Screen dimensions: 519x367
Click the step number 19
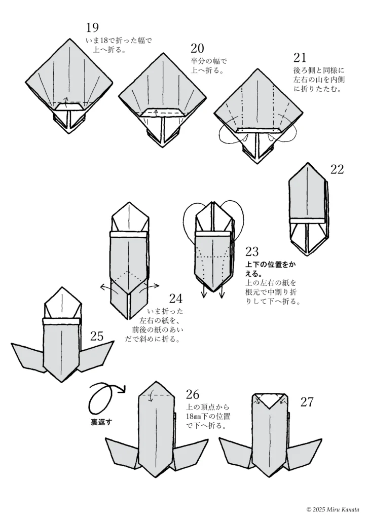(x=92, y=28)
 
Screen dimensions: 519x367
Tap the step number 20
(x=197, y=49)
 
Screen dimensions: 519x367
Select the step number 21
(x=300, y=58)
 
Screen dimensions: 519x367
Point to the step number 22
(x=337, y=169)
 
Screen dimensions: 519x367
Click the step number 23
(x=252, y=252)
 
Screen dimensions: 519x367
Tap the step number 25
(x=97, y=336)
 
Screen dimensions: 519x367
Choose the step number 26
(x=193, y=395)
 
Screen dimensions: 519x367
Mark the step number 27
(x=307, y=402)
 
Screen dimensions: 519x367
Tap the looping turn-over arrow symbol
(x=103, y=398)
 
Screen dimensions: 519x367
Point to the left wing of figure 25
(x=28, y=355)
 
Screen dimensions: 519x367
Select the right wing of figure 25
(x=96, y=355)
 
